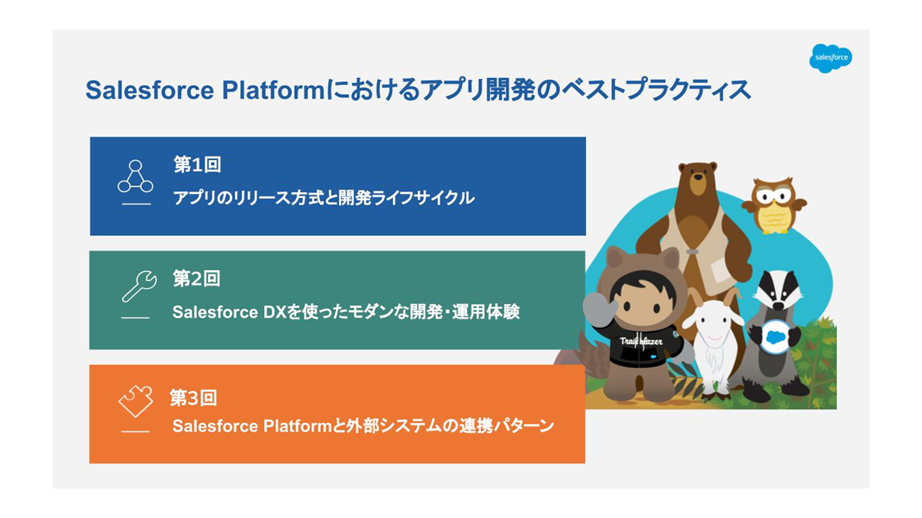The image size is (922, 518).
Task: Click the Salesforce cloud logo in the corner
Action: (830, 58)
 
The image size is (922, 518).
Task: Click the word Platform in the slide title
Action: (274, 90)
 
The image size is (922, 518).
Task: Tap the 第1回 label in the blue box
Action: (198, 164)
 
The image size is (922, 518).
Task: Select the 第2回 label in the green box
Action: (196, 279)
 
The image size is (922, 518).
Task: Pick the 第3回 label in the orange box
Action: (193, 398)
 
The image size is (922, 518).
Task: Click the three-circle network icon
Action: (136, 177)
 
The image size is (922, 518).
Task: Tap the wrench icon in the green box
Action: (139, 286)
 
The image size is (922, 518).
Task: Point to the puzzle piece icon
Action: (136, 401)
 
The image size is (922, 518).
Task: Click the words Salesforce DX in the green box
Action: (229, 312)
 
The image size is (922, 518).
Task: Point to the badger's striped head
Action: (777, 290)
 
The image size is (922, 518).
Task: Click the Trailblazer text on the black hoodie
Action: (641, 341)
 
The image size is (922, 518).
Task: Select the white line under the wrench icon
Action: (136, 318)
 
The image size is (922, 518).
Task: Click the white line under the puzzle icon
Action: (136, 432)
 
